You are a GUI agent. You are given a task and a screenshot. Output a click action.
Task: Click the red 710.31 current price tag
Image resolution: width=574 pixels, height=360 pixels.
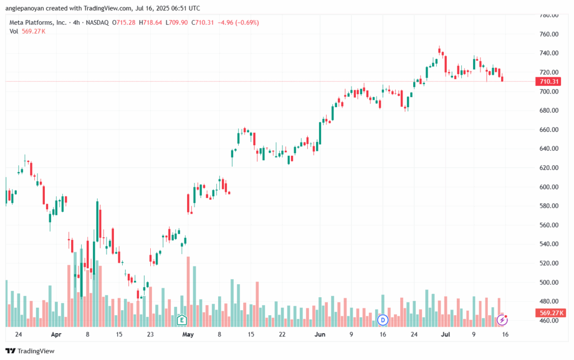point(548,81)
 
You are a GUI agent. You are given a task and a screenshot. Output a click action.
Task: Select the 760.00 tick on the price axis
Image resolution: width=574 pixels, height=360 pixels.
point(549,34)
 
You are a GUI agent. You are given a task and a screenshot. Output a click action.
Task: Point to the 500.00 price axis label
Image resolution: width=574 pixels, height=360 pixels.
point(549,283)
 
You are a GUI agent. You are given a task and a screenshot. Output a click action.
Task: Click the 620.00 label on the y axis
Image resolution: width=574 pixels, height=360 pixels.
point(549,168)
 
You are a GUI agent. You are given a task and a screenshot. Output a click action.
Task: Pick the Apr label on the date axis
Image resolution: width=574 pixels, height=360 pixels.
point(56,334)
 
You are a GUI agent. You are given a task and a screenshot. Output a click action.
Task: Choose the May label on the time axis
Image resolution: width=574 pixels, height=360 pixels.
point(188,334)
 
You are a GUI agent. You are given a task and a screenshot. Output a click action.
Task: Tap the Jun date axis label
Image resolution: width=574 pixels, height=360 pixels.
point(320,334)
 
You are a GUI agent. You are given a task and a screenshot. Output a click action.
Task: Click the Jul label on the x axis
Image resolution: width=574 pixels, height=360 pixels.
point(446,334)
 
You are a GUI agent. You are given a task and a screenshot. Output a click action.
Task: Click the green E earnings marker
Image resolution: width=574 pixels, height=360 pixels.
point(182,320)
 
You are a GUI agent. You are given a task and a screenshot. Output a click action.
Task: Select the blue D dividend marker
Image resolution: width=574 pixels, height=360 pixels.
point(382,320)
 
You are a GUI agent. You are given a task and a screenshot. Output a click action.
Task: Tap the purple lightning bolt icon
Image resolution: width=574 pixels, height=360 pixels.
point(502,320)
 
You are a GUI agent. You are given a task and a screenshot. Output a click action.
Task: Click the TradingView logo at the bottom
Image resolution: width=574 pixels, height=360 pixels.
point(30,351)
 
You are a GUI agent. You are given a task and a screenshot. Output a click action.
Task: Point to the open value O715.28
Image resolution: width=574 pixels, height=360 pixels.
point(124,22)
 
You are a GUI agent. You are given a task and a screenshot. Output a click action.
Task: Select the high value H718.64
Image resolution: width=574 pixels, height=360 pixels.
point(150,22)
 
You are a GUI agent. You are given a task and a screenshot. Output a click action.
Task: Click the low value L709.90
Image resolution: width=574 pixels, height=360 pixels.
point(177,22)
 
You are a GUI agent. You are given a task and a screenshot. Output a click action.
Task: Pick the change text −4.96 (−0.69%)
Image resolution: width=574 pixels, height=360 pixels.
point(238,22)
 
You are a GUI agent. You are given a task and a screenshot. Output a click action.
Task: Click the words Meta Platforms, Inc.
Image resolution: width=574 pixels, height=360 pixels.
point(38,22)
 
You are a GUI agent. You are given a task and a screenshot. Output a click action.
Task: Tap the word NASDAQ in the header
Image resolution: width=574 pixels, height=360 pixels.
point(98,22)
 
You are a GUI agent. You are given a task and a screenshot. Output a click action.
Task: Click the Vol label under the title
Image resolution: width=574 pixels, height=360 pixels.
point(13,31)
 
